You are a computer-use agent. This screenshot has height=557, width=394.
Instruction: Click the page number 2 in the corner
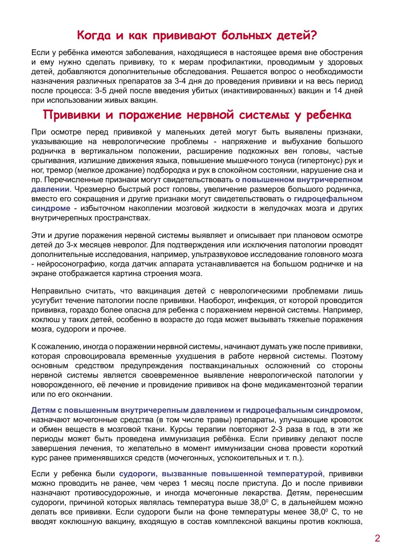[377, 538]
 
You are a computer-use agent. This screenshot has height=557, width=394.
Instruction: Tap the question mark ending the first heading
[313, 35]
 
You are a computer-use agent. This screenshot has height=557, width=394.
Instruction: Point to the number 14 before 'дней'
[337, 91]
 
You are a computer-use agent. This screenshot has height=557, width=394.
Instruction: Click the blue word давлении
[50, 189]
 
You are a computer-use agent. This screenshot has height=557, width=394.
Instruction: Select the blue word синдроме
[51, 208]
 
